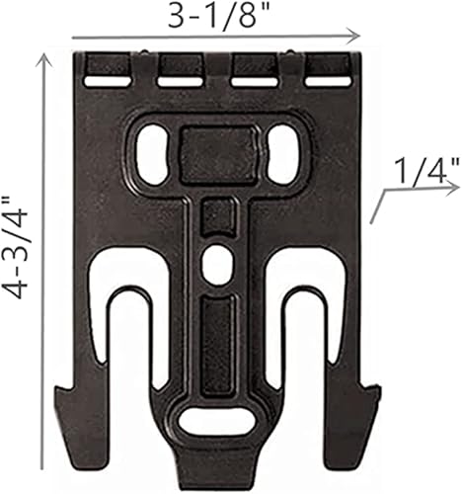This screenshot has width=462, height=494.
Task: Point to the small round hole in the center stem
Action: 216,262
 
